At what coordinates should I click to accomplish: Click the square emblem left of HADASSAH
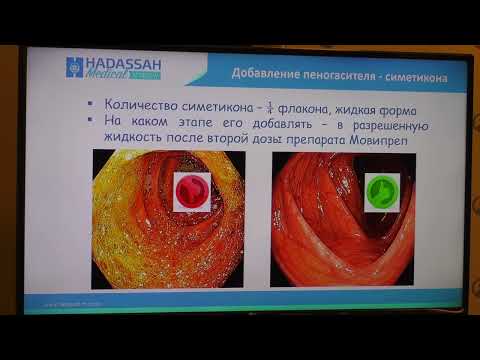(x=72, y=68)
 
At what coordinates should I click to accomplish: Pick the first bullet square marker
(x=91, y=104)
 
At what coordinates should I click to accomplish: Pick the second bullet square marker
(x=91, y=120)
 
